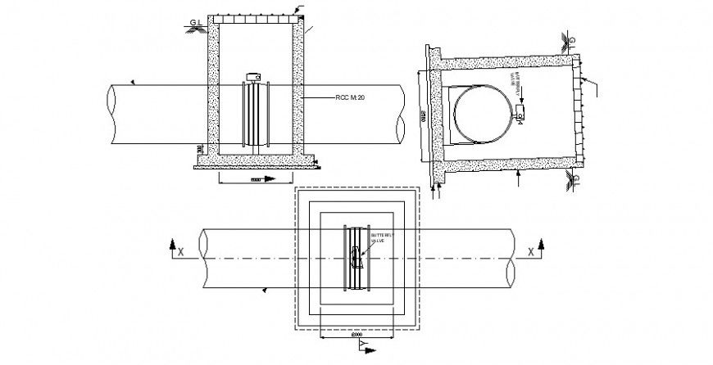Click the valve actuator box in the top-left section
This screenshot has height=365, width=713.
click(252, 78)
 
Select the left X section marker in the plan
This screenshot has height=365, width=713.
click(173, 249)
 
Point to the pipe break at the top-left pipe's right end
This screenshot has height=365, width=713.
click(401, 115)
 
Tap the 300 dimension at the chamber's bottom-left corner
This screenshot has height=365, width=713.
click(201, 149)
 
